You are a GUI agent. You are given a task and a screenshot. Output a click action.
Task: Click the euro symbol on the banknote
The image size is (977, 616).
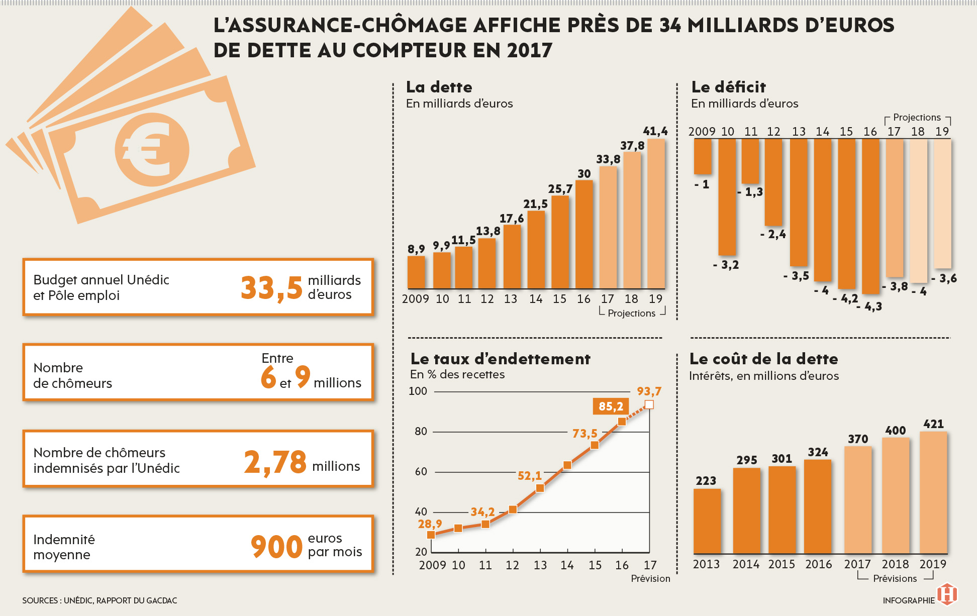pyautogui.click(x=151, y=149)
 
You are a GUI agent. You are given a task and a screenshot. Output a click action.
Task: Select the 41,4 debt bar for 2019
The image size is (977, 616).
pyautogui.click(x=656, y=214)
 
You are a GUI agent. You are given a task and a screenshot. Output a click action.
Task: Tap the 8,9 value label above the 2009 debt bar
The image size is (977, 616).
pyautogui.click(x=416, y=249)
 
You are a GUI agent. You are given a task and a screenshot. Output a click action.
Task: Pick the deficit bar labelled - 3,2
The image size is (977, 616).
pyautogui.click(x=727, y=196)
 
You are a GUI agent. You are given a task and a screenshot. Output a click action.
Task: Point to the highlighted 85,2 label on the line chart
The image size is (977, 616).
pyautogui.click(x=611, y=406)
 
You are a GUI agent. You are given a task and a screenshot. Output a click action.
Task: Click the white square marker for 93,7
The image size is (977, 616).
pyautogui.click(x=649, y=404)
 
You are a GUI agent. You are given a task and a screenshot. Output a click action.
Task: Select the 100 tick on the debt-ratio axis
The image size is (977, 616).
pyautogui.click(x=418, y=391)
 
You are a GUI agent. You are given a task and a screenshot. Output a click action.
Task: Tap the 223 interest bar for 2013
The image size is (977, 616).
pyautogui.click(x=707, y=521)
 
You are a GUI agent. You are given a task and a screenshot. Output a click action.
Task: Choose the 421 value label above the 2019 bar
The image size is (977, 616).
pyautogui.click(x=933, y=424)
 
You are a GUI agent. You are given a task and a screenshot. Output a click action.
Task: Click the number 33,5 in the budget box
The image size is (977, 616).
pyautogui.click(x=271, y=288)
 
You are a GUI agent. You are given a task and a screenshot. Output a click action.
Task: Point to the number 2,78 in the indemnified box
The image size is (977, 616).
pyautogui.click(x=275, y=462)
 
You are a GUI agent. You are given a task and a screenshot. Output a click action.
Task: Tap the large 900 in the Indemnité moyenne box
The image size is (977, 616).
pyautogui.click(x=276, y=547)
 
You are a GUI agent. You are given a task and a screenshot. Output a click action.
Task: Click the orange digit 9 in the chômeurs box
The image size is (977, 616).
pyautogui.click(x=303, y=376)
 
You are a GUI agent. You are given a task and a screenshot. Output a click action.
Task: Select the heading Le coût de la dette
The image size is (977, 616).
pyautogui.click(x=763, y=359)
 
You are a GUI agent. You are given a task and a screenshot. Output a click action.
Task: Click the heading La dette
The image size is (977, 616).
pyautogui.click(x=439, y=87)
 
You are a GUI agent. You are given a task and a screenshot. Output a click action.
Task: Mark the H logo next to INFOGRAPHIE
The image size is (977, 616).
pyautogui.click(x=947, y=594)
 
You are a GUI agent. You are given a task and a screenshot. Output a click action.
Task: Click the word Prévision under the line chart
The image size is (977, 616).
pyautogui.click(x=650, y=578)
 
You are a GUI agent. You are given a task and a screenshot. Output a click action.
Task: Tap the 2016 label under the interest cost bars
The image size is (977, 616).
pyautogui.click(x=818, y=564)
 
